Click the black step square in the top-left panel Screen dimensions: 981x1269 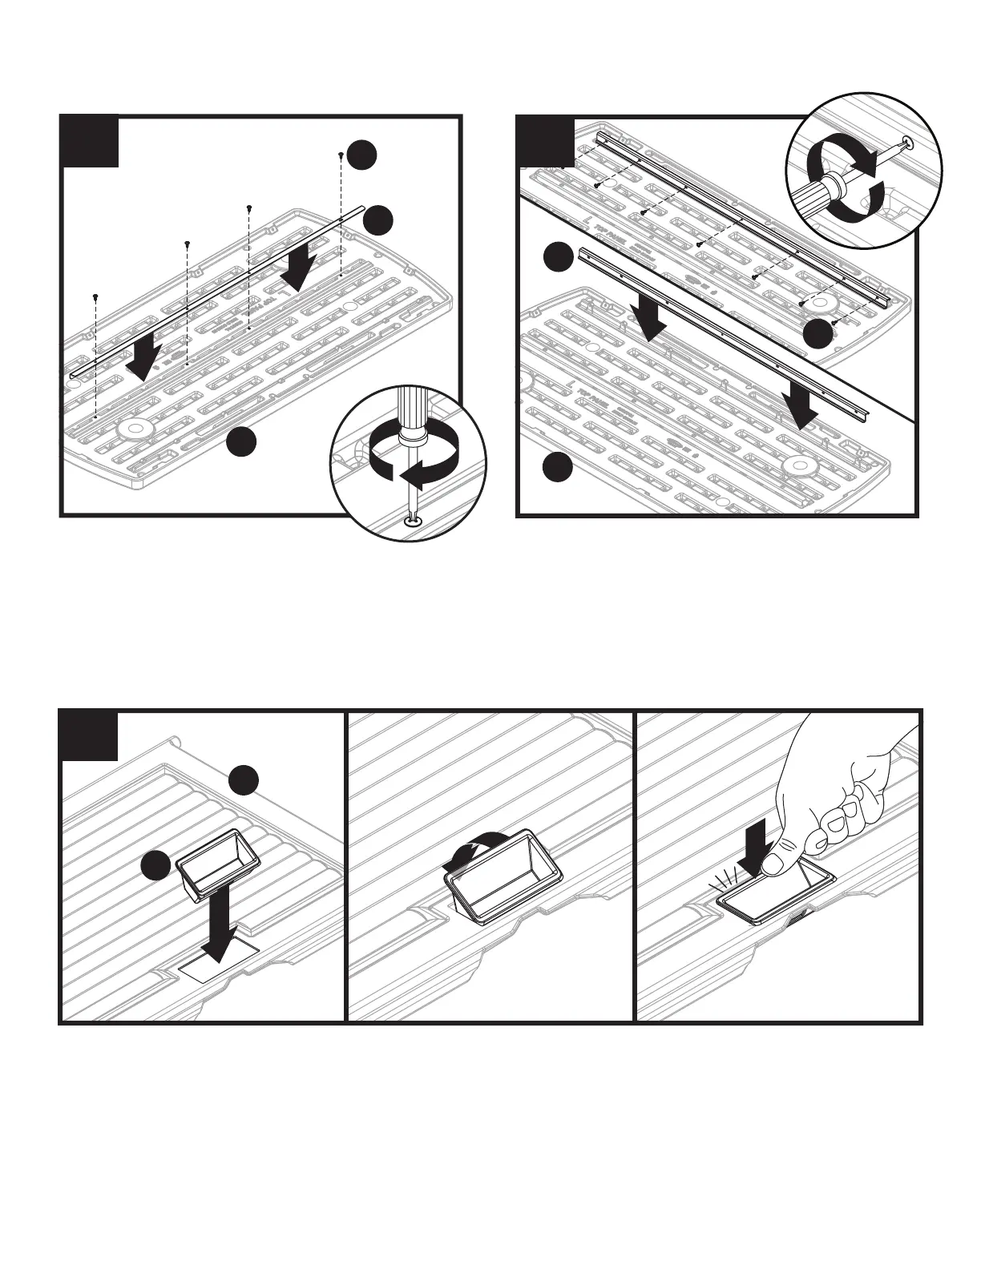pos(91,142)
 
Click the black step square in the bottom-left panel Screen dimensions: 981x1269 pos(91,736)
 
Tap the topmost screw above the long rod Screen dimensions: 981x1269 pos(341,155)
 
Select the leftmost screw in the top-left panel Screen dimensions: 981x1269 pos(95,296)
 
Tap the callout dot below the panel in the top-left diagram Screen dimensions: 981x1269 pos(241,443)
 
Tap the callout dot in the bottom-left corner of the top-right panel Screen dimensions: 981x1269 pos(558,467)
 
